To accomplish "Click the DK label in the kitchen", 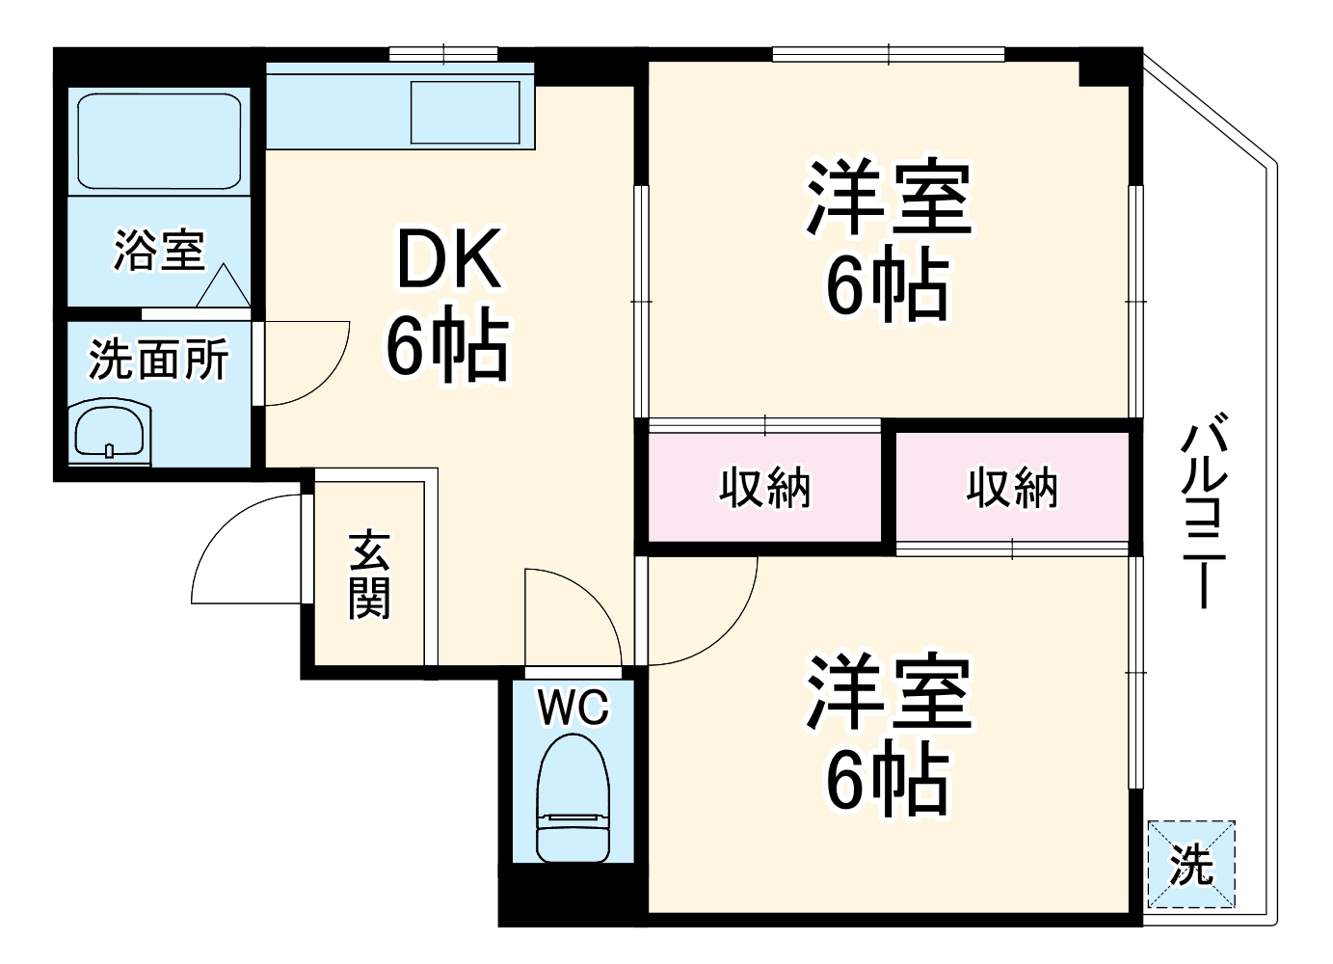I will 449,261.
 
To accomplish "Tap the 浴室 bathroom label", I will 159,250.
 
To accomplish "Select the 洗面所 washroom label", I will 159,360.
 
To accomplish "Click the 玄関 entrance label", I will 370,574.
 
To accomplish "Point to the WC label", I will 573,709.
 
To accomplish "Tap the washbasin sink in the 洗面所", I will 110,431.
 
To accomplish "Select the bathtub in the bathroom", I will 159,141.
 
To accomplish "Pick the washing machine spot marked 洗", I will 1191,864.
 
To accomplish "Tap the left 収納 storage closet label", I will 765,488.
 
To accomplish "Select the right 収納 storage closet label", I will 1012,488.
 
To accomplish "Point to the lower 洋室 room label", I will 889,691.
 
